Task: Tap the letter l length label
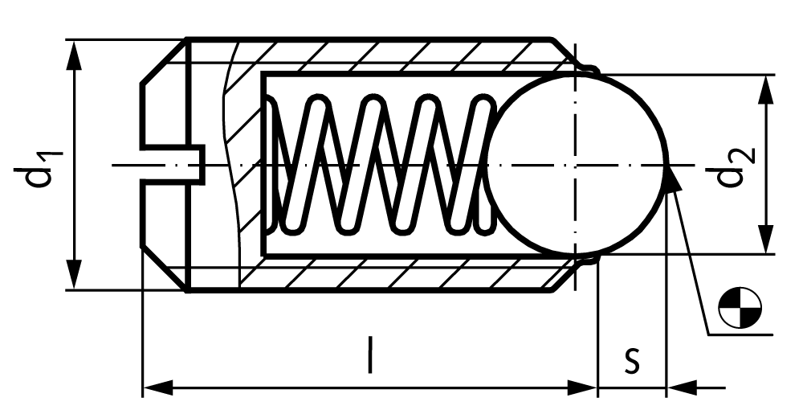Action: pyautogui.click(x=369, y=355)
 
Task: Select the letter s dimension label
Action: pyautogui.click(x=632, y=359)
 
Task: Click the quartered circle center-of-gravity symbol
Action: pyautogui.click(x=740, y=308)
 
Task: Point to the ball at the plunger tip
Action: pyautogui.click(x=577, y=165)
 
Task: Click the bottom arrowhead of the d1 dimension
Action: pyautogui.click(x=75, y=275)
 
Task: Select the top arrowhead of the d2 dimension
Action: pyautogui.click(x=765, y=90)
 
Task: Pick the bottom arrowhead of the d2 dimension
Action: pyautogui.click(x=765, y=239)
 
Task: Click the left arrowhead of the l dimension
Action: pyautogui.click(x=157, y=387)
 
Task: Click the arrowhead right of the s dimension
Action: pyautogui.click(x=682, y=387)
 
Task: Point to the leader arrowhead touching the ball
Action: pyautogui.click(x=674, y=179)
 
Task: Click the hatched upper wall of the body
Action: pyautogui.click(x=399, y=56)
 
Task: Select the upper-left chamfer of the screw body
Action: pyautogui.click(x=163, y=61)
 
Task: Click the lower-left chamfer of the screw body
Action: pyautogui.click(x=164, y=269)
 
